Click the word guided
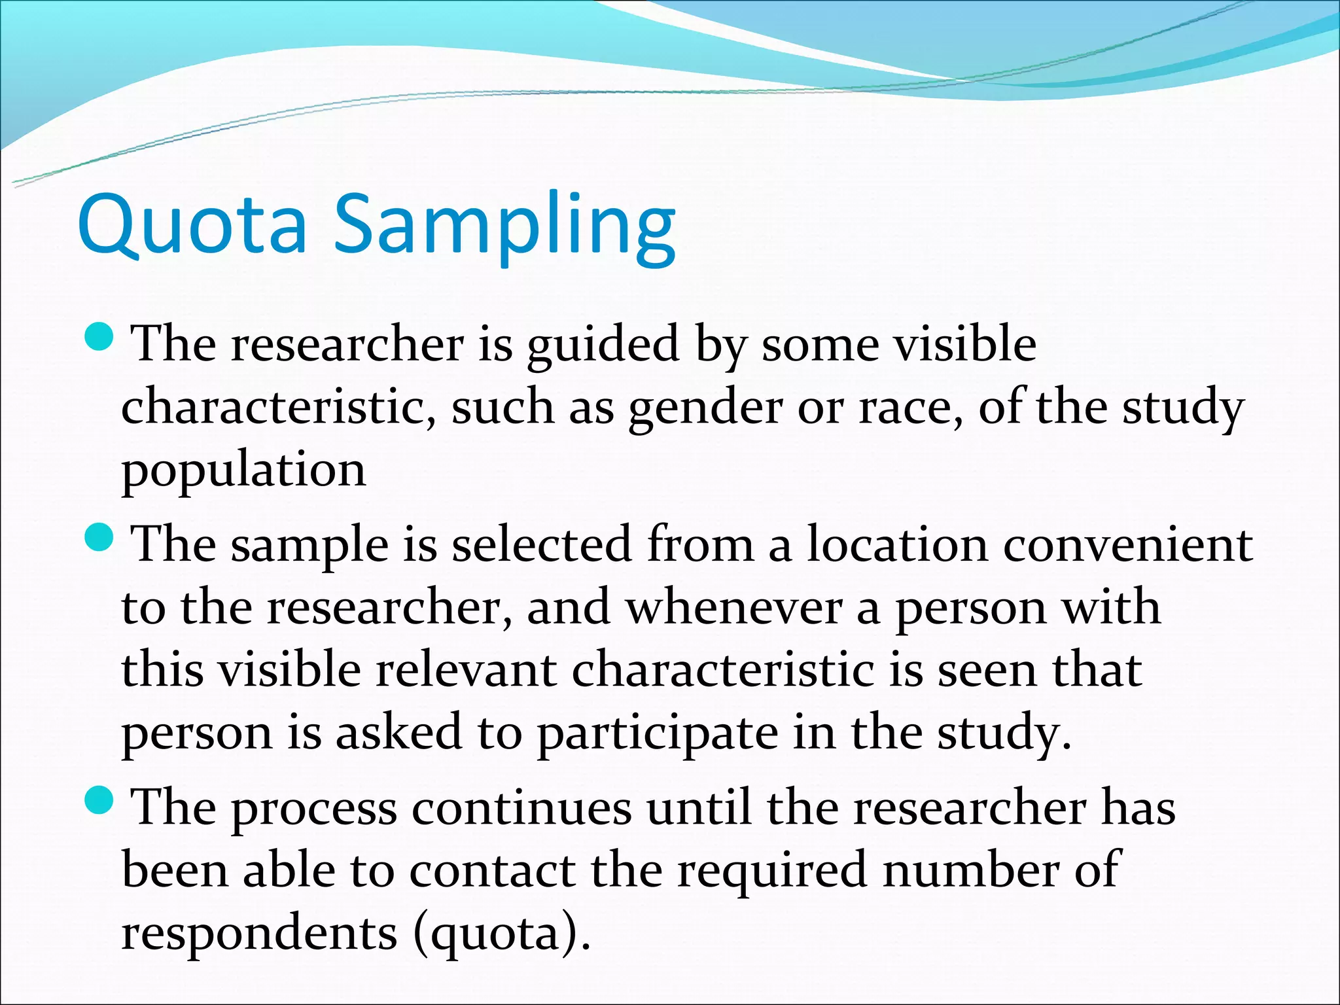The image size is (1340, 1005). pyautogui.click(x=603, y=347)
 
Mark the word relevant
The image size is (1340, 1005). pyautogui.click(x=466, y=670)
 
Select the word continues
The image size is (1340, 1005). pyautogui.click(x=521, y=807)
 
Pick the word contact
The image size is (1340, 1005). pyautogui.click(x=492, y=871)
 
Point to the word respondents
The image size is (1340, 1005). pyautogui.click(x=259, y=934)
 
